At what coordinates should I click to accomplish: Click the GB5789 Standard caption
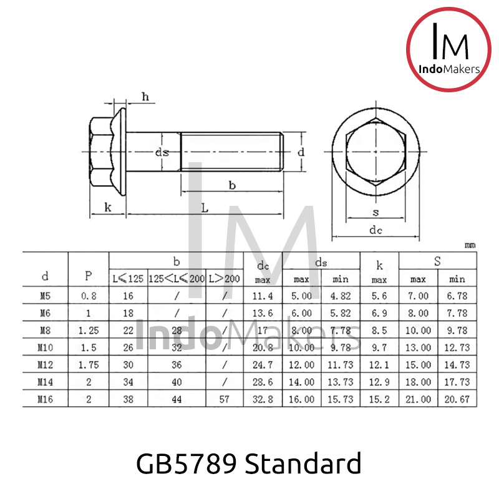tap(248, 464)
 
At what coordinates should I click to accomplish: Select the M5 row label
tap(45, 296)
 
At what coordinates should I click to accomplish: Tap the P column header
tap(88, 275)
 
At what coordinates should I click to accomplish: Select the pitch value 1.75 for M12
tap(88, 365)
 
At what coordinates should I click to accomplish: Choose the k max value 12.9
tap(380, 382)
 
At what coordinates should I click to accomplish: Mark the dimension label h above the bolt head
tap(145, 96)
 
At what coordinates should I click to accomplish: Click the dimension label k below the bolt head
tap(108, 207)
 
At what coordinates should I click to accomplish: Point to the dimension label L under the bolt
tap(205, 208)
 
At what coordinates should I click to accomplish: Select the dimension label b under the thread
tap(232, 185)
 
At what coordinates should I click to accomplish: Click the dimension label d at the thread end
tap(300, 152)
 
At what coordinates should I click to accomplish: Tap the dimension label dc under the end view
tap(375, 230)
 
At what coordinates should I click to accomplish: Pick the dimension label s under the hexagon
tap(376, 213)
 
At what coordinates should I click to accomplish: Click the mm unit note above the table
tap(470, 245)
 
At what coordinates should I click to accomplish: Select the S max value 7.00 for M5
tap(418, 296)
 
